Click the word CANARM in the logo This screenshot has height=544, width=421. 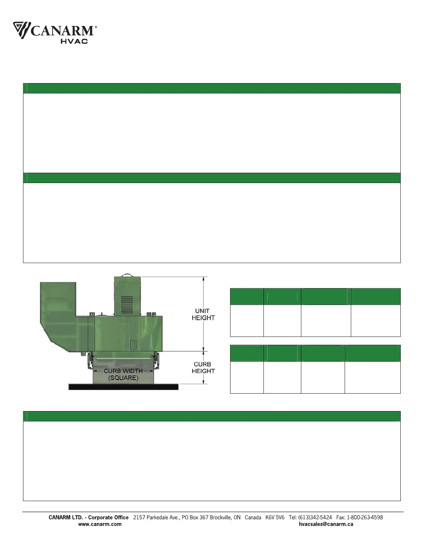click(x=62, y=31)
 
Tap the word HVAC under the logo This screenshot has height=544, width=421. click(x=74, y=41)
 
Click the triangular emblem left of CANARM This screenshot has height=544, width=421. click(x=22, y=30)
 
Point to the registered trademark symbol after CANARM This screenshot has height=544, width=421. click(x=96, y=27)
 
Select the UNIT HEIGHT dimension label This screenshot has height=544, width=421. click(x=203, y=314)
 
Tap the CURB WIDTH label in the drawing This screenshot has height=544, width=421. click(x=123, y=371)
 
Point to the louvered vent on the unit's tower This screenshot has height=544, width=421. click(x=127, y=304)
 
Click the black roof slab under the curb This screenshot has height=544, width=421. click(x=123, y=387)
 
